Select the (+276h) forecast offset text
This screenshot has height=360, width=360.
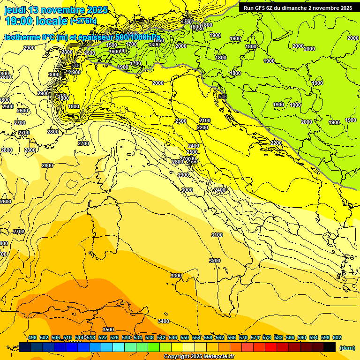pyautogui.click(x=83, y=21)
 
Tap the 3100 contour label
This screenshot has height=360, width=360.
pyautogui.click(x=217, y=235)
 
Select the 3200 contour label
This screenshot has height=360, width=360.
pyautogui.click(x=214, y=261)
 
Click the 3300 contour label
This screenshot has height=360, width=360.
pyautogui.click(x=176, y=276)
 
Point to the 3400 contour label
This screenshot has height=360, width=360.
pyautogui.click(x=164, y=321)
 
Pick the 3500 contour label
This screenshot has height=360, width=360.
pyautogui.click(x=108, y=330)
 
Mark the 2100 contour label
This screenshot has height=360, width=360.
pyautogui.click(x=205, y=121)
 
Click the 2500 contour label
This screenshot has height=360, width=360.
pyautogui.click(x=192, y=152)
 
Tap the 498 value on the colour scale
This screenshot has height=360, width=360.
pyautogui.click(x=32, y=337)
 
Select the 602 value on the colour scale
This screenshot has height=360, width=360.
pyautogui.click(x=337, y=337)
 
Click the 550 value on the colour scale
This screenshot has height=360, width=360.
pyautogui.click(x=185, y=337)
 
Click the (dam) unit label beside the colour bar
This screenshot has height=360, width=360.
pyautogui.click(x=347, y=348)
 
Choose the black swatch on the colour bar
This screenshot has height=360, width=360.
pyautogui.click(x=330, y=347)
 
